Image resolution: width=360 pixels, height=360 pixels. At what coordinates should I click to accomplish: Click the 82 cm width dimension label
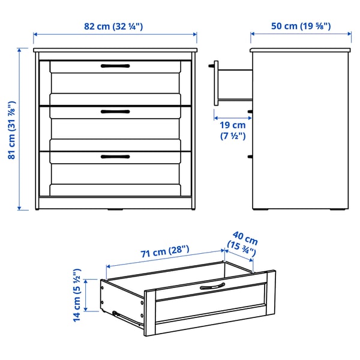pyautogui.click(x=113, y=26)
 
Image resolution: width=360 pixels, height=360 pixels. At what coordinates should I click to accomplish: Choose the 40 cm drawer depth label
pyautogui.click(x=243, y=241)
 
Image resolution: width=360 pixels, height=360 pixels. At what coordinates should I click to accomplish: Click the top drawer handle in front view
pyautogui.click(x=115, y=65)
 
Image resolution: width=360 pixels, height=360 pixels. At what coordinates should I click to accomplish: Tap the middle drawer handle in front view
pyautogui.click(x=115, y=111)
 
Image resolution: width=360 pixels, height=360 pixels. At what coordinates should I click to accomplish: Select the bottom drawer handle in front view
pyautogui.click(x=115, y=157)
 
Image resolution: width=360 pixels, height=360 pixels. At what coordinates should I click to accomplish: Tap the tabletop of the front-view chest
pyautogui.click(x=115, y=50)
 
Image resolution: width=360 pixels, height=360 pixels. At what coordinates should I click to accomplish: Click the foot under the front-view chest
pyautogui.click(x=115, y=211)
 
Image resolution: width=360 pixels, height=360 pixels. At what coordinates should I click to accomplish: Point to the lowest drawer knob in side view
pyautogui.click(x=250, y=157)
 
